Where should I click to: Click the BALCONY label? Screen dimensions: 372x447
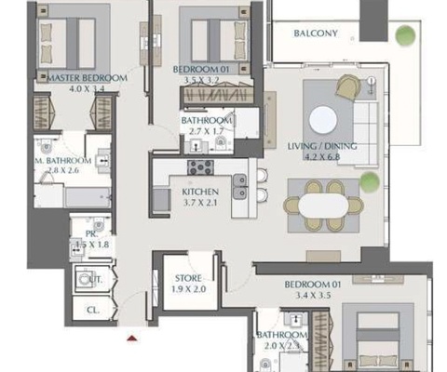click(315, 33)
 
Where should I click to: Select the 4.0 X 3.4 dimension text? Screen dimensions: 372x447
click(84, 91)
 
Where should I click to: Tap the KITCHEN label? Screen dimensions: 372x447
click(200, 193)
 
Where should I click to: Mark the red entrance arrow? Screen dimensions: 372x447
click(132, 340)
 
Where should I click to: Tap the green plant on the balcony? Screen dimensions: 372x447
click(403, 35)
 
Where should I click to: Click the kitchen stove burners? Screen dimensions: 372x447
click(201, 168)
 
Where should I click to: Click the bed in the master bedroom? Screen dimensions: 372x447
click(67, 42)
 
